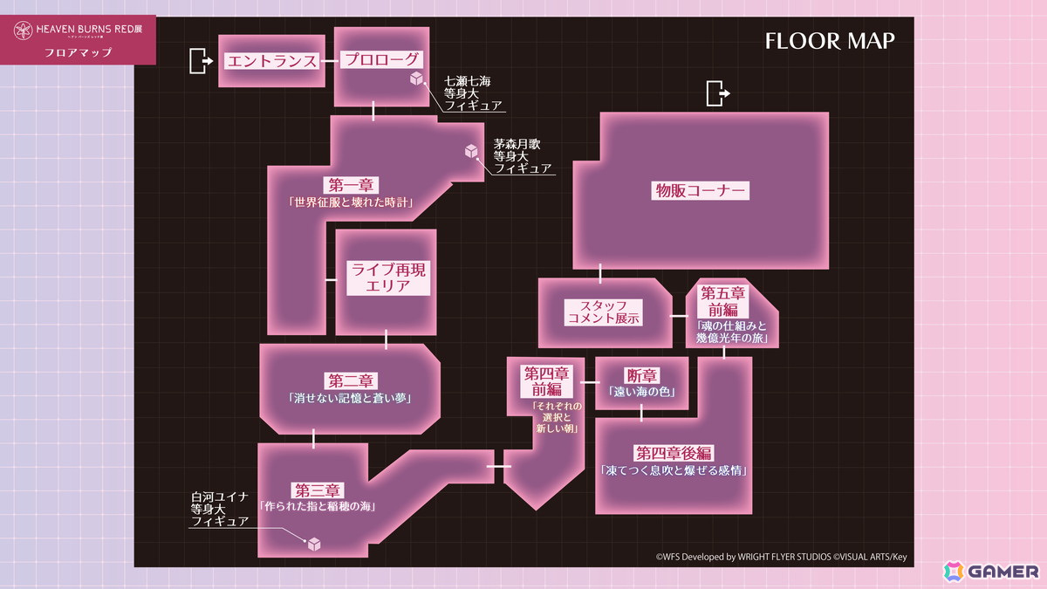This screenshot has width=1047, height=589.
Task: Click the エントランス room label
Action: [x=271, y=61]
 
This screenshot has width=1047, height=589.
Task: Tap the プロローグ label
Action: [x=381, y=59]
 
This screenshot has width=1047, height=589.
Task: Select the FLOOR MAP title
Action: [x=830, y=41]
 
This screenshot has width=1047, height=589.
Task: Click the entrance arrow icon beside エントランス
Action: [x=201, y=61]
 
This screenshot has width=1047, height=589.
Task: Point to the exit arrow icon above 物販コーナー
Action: [x=718, y=93]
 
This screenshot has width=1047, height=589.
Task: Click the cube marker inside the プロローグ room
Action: [x=416, y=78]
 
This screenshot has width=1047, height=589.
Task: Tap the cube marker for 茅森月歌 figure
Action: [x=471, y=151]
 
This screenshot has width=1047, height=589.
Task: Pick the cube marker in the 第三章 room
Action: [x=314, y=544]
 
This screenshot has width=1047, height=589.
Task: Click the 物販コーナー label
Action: [x=700, y=191]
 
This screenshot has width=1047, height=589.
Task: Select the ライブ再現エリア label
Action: [x=388, y=277]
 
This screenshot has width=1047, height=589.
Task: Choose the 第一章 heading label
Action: [x=351, y=185]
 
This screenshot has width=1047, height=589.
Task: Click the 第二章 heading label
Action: [x=351, y=380]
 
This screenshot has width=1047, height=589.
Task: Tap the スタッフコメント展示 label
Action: [x=603, y=312]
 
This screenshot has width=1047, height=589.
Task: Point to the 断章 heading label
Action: [x=642, y=375]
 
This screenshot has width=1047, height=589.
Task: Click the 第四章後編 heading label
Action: [x=674, y=453]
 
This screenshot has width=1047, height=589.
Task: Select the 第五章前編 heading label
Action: [x=722, y=302]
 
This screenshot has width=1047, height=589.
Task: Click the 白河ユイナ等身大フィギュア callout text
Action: [x=219, y=509]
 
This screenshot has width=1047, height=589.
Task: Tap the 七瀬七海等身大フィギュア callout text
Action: [x=473, y=93]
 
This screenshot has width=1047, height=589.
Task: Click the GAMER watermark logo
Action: [x=991, y=572]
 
